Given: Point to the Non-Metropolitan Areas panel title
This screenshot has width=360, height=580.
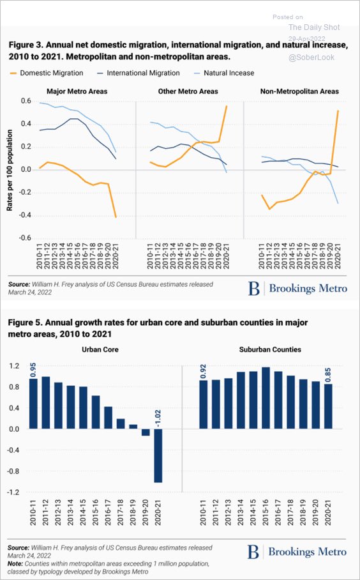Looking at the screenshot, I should pyautogui.click(x=299, y=91).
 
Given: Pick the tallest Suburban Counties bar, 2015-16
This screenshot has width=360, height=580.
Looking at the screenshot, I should pyautogui.click(x=266, y=398).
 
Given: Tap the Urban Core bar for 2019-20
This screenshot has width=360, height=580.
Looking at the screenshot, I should pyautogui.click(x=145, y=432).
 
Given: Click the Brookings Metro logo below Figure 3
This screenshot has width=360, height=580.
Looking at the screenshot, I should pyautogui.click(x=298, y=289).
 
